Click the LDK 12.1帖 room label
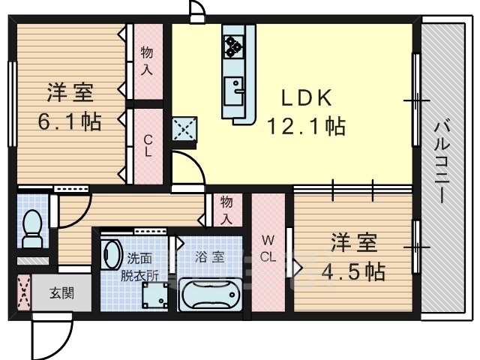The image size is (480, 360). tap(307, 112)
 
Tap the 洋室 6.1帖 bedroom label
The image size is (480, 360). tap(70, 107)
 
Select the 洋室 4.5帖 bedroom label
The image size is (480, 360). tap(353, 256)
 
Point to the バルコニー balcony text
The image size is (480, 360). tap(442, 163)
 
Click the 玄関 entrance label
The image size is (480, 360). tap(61, 293)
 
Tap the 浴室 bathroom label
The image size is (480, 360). tap(210, 257)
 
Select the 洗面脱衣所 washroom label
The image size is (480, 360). tap(139, 267)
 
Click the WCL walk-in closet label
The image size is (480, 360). tap(268, 248)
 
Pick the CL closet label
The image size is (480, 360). tap(148, 146)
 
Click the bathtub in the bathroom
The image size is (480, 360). tap(210, 295)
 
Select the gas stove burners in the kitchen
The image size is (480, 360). tap(233, 46)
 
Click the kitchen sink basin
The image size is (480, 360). tap(233, 91)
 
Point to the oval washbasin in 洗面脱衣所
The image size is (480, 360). tap(110, 254)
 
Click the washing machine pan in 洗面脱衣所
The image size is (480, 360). tap(155, 295)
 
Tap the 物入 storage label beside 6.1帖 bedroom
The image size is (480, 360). tap(147, 61)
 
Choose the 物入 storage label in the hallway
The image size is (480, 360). tap(226, 210)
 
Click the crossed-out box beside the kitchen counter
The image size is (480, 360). tap(184, 129)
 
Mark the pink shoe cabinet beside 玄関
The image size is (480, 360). tap(24, 292)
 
